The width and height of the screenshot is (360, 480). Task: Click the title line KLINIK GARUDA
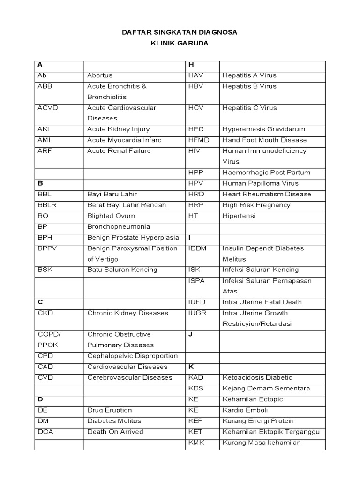(x=180, y=43)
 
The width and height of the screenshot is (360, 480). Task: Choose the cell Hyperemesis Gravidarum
(x=263, y=129)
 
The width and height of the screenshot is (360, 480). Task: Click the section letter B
(x=40, y=183)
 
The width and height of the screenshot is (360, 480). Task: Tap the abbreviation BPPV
(x=49, y=248)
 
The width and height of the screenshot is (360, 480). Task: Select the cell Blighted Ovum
(x=111, y=216)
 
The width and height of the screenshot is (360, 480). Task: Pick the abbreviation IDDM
(x=197, y=248)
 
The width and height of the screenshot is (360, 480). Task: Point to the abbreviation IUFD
(x=197, y=302)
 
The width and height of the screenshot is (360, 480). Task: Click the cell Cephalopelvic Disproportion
(x=133, y=356)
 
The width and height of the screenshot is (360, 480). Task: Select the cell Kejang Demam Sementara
(x=266, y=389)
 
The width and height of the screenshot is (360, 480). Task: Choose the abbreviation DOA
(x=46, y=432)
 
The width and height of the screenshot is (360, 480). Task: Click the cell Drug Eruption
(x=110, y=410)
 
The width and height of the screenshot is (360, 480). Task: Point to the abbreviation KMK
(x=196, y=442)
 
